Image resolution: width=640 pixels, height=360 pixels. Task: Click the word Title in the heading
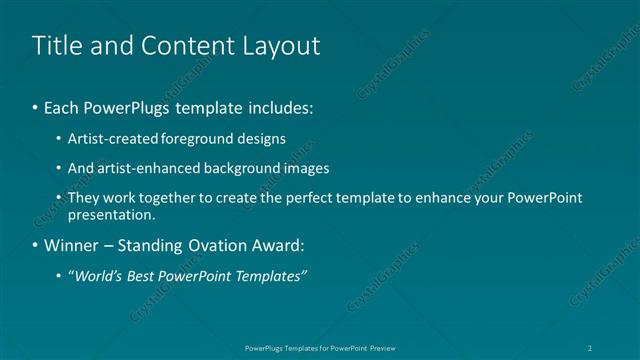[x=57, y=46]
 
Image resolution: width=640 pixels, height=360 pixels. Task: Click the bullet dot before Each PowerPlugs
[x=36, y=107]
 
